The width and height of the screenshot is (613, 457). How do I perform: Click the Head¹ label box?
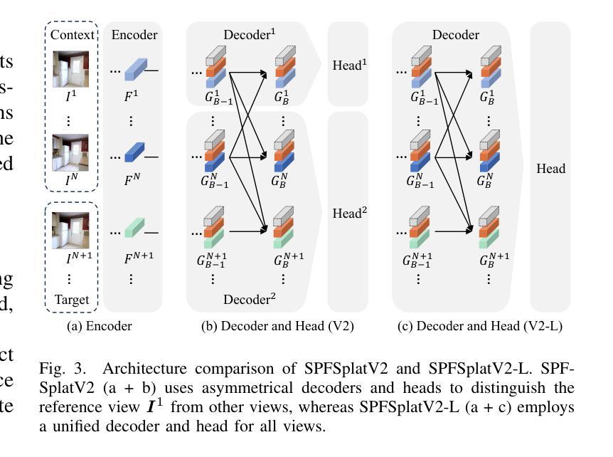click(348, 65)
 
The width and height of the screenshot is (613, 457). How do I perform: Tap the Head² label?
click(348, 212)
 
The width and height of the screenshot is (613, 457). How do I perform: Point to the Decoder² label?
click(250, 299)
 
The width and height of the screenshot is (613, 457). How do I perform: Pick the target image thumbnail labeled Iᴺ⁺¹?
click(71, 230)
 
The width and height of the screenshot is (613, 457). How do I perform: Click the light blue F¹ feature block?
click(135, 70)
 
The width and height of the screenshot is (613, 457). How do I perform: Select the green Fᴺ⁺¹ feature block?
click(135, 229)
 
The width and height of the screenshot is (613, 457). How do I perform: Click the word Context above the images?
click(71, 34)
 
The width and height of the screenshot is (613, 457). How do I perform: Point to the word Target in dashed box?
click(71, 300)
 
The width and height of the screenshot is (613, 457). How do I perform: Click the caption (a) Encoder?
click(100, 326)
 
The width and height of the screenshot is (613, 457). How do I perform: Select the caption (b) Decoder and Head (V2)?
click(277, 326)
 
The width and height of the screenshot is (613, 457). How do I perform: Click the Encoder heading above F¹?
click(134, 34)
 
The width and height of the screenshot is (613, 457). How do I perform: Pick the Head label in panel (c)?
click(550, 169)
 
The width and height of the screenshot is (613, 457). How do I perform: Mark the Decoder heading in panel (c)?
click(456, 34)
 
